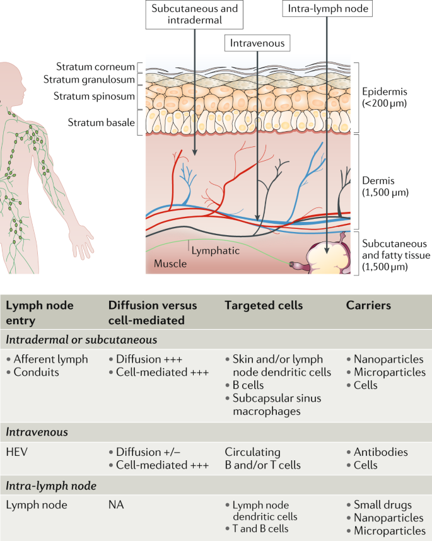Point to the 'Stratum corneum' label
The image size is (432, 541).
pyautogui.click(x=95, y=66)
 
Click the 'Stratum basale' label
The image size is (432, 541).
pyautogui.click(x=101, y=122)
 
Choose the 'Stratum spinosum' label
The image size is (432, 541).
pyautogui.click(x=95, y=96)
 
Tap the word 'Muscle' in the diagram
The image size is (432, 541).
pyautogui.click(x=170, y=263)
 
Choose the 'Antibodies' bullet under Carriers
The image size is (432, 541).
pyautogui.click(x=381, y=452)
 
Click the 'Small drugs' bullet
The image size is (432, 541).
pyautogui.click(x=382, y=506)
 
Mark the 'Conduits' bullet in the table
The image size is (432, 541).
pyautogui.click(x=37, y=372)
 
